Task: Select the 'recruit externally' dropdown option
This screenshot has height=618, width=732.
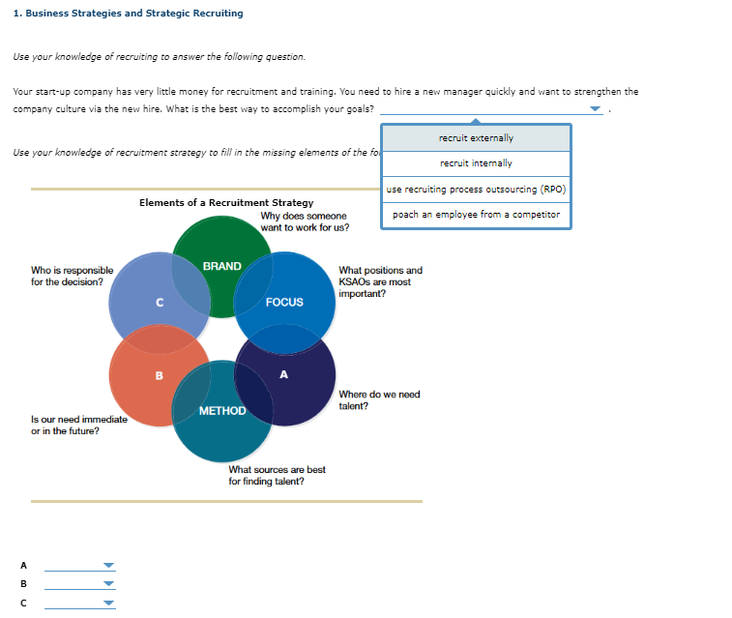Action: tap(476, 138)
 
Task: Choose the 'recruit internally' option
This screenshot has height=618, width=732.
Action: tap(476, 163)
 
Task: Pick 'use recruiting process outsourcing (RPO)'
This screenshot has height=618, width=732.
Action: tap(476, 189)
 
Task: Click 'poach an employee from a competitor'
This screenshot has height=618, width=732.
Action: tap(476, 215)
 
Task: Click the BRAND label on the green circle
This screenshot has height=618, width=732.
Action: tap(222, 266)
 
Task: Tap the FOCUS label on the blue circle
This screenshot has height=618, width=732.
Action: tap(284, 302)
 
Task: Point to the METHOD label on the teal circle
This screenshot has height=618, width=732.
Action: tap(222, 411)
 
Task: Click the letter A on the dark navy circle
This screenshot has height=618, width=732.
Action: tap(283, 374)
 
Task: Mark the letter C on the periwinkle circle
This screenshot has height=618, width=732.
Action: tap(160, 302)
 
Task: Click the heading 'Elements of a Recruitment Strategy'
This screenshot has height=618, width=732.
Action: tap(226, 203)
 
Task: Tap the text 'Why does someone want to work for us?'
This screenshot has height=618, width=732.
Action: tap(305, 221)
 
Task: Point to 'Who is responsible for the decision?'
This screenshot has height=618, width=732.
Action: tap(72, 277)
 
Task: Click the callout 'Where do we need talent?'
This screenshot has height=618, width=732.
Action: tap(379, 400)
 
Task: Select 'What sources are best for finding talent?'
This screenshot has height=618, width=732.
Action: tap(277, 475)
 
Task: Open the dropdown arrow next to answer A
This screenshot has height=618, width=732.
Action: tap(108, 567)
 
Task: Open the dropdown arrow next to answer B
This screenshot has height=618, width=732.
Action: tap(108, 585)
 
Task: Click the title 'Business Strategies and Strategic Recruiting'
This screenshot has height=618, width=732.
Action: tap(129, 14)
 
